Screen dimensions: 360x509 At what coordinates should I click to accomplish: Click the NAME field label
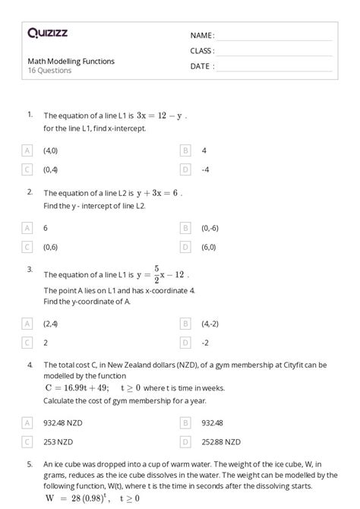tap(202, 36)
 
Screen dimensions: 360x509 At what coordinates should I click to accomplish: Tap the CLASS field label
tap(202, 51)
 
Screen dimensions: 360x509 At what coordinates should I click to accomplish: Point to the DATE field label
tap(202, 66)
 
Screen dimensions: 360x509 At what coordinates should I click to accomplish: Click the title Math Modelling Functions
tap(71, 61)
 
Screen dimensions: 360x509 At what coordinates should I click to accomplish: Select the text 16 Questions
tap(49, 71)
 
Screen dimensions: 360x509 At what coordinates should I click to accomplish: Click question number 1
tap(30, 114)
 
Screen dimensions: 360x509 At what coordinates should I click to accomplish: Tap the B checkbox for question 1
tap(185, 150)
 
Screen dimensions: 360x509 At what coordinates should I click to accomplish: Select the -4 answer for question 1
tap(206, 169)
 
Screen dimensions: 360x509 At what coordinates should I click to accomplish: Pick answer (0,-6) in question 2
tap(210, 227)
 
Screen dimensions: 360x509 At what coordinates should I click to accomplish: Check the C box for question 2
tap(27, 246)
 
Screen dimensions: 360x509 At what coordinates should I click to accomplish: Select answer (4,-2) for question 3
tap(210, 323)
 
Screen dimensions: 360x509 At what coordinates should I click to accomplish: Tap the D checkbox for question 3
tap(185, 342)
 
